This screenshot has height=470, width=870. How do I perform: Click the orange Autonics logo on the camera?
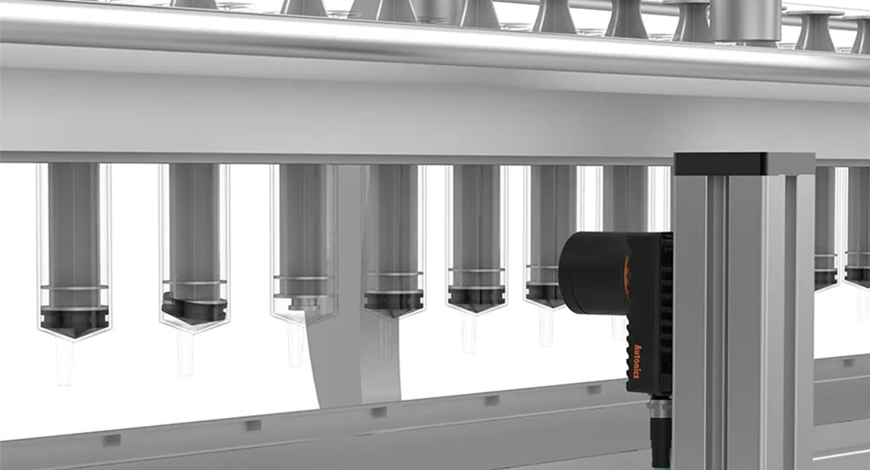pyautogui.click(x=636, y=361)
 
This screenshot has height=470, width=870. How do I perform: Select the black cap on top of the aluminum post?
pyautogui.click(x=744, y=163)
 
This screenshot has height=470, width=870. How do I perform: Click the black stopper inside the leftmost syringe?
pyautogui.click(x=74, y=321)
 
